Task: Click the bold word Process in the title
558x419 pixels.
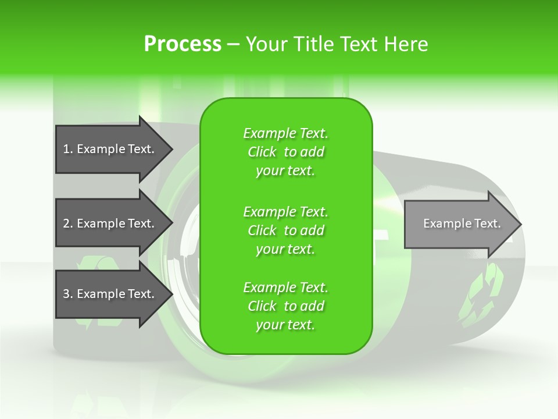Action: [183, 44]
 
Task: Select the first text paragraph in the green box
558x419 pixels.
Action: [285, 152]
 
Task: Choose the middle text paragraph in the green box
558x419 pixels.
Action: [285, 230]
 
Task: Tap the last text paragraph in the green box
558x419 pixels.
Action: [285, 306]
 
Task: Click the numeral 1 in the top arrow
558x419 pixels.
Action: [66, 149]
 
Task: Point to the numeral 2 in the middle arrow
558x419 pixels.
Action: [66, 223]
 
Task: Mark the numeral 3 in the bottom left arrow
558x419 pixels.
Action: [66, 294]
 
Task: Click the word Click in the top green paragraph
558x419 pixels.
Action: [262, 152]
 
